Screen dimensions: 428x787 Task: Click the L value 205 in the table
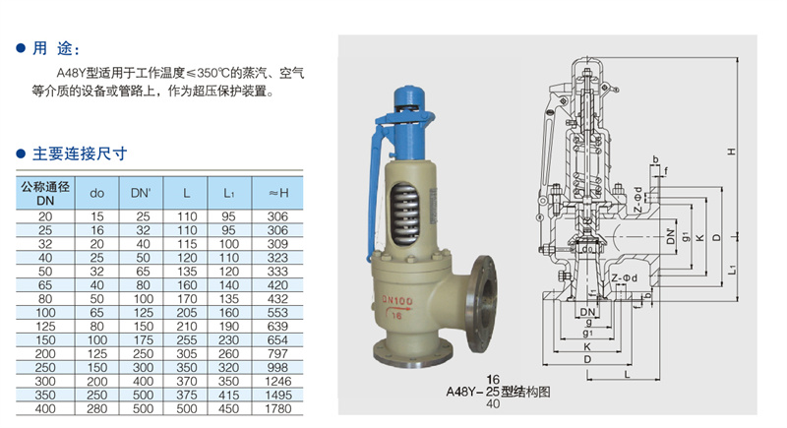coord(187,311)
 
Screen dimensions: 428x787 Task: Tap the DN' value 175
coord(141,338)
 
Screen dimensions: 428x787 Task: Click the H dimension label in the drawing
coord(732,152)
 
